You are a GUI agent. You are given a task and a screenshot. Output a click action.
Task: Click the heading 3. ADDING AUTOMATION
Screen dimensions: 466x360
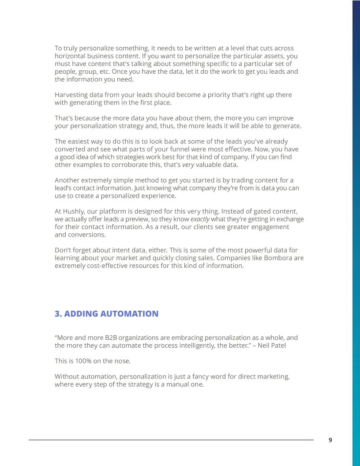106,314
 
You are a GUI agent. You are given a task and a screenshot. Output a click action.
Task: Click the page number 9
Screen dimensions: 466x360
330,440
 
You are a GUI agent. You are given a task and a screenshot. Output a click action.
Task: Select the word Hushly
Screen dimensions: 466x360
73,211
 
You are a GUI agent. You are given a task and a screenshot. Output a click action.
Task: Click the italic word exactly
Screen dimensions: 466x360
200,219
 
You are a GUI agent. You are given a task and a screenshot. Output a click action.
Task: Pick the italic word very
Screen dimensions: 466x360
188,165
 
